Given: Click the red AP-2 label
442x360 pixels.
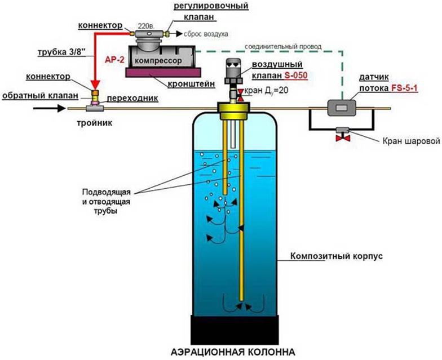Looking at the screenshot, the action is pyautogui.click(x=115, y=60).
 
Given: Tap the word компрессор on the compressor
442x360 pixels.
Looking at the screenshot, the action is pyautogui.click(x=158, y=61).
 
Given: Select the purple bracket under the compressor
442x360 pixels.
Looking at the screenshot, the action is pyautogui.click(x=163, y=72).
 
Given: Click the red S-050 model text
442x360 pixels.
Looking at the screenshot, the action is pyautogui.click(x=295, y=75).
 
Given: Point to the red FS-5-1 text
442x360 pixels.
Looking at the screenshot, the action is pyautogui.click(x=404, y=88).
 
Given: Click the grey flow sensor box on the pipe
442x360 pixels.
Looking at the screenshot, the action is pyautogui.click(x=342, y=108).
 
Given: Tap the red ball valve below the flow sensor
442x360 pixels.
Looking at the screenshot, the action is pyautogui.click(x=343, y=138).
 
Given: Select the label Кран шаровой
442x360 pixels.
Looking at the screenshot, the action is pyautogui.click(x=410, y=141).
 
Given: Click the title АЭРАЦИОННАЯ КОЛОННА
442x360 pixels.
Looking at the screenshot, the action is pyautogui.click(x=233, y=352).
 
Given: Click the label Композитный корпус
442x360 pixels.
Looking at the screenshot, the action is pyautogui.click(x=337, y=256).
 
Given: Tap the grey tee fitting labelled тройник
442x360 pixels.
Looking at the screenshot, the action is pyautogui.click(x=95, y=108).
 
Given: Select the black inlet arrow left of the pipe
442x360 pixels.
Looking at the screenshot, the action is pyautogui.click(x=50, y=108).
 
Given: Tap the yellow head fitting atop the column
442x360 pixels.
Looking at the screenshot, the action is pyautogui.click(x=233, y=110).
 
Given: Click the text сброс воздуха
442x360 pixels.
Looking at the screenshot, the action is pyautogui.click(x=206, y=34).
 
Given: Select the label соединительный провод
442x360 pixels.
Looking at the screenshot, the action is pyautogui.click(x=283, y=46).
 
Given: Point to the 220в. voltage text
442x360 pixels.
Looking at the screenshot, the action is pyautogui.click(x=145, y=26).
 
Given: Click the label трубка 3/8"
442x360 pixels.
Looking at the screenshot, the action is pyautogui.click(x=61, y=52).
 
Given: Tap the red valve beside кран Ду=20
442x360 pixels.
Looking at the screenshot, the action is pyautogui.click(x=240, y=95).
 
